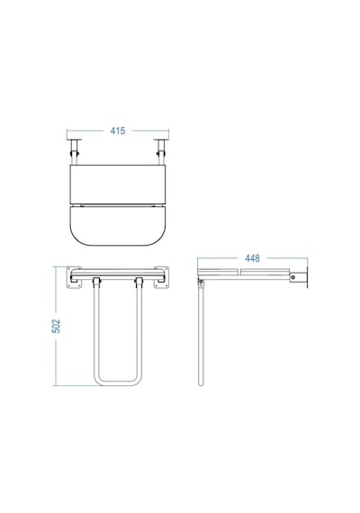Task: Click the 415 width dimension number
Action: [118, 130]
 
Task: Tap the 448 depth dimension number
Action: [252, 258]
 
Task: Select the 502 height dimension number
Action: [57, 326]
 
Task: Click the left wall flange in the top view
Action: [74, 139]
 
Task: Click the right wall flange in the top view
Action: [161, 139]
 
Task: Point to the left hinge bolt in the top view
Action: [75, 153]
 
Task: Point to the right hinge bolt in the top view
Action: [161, 153]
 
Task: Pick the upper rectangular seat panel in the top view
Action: [118, 184]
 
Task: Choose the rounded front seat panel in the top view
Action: [118, 225]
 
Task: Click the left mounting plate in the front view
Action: [74, 277]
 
